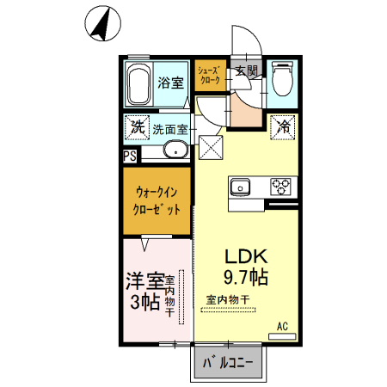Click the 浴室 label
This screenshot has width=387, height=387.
tap(170, 83)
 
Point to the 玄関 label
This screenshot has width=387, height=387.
tap(245, 71)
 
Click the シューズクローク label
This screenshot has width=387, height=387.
tap(210, 74)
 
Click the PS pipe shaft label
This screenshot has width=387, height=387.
tap(129, 157)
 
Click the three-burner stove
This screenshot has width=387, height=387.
tap(282, 186)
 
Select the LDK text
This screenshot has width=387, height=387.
tap(247, 256)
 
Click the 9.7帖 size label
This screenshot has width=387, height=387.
tap(247, 277)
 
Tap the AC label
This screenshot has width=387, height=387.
tap(281, 326)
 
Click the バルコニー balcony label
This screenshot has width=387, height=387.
tap(228, 364)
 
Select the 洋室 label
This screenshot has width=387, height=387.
tap(144, 281)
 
